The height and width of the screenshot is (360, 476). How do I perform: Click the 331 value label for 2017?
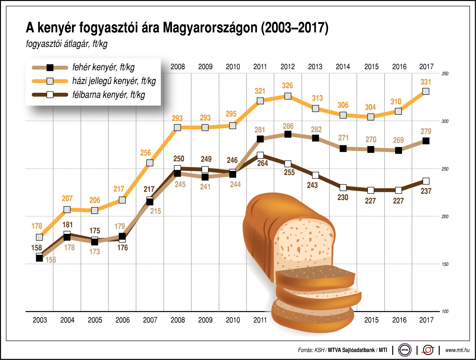(425, 82)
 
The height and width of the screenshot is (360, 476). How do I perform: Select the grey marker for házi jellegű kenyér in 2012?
(288, 96)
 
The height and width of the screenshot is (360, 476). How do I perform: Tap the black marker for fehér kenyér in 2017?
(426, 141)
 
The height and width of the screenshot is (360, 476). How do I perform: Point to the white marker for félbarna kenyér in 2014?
(343, 188)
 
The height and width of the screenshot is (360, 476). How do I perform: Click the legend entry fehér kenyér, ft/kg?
(103, 67)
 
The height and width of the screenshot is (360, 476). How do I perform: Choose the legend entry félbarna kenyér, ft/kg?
(108, 95)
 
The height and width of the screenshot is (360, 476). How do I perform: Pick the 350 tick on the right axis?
(445, 74)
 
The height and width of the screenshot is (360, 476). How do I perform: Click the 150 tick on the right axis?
(445, 264)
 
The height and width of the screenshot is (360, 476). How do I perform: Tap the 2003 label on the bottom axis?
(40, 320)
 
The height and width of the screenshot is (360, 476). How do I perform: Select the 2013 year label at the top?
(315, 67)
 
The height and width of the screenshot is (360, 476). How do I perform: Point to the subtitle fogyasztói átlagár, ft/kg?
(67, 44)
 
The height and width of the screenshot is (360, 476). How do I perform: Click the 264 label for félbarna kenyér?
(262, 163)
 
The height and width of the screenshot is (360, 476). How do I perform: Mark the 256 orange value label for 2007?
(146, 153)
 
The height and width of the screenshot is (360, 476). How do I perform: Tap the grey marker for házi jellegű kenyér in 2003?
(39, 237)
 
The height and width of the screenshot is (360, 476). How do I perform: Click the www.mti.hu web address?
(457, 350)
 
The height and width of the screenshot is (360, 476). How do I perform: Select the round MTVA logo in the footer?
(405, 350)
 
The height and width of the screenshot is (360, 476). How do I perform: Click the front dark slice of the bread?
(315, 277)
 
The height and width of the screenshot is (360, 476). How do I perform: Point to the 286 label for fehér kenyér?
(288, 126)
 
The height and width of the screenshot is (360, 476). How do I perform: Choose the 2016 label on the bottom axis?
(399, 320)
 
